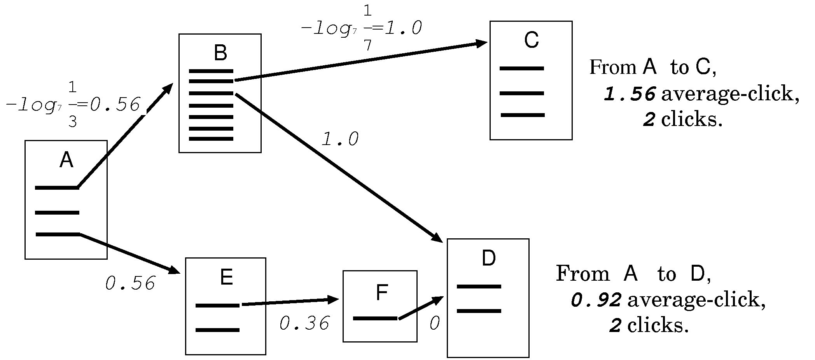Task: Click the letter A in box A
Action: [66, 160]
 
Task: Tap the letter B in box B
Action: [220, 53]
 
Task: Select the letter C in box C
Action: [531, 40]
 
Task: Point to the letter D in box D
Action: [488, 258]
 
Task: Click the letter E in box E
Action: [226, 278]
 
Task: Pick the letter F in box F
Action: [382, 293]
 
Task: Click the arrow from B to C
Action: [362, 62]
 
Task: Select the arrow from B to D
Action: [338, 167]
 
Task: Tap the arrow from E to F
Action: [290, 302]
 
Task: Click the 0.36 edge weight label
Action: [304, 323]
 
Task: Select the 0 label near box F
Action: [434, 323]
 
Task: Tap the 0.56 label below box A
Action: [130, 283]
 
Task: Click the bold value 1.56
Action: [630, 94]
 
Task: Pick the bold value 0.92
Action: [597, 300]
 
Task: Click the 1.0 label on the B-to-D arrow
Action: [340, 140]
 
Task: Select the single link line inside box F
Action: [375, 319]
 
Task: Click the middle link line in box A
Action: [57, 213]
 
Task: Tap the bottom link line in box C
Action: [523, 115]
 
